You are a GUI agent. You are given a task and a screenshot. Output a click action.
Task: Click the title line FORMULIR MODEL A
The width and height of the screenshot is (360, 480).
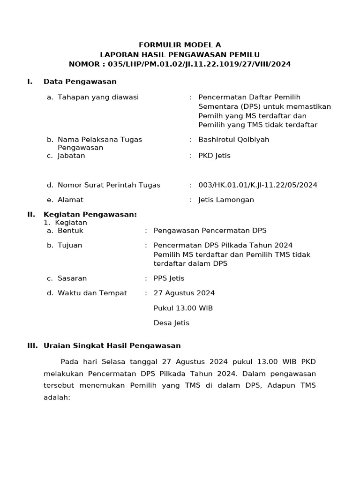180,45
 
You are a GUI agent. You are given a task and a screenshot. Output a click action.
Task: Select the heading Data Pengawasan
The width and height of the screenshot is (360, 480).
80,82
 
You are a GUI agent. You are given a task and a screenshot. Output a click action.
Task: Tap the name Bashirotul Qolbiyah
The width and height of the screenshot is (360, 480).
233,140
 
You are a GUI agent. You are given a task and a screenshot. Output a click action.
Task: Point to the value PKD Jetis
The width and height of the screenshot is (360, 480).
214,156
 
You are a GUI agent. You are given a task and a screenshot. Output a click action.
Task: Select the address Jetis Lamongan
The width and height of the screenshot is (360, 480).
226,200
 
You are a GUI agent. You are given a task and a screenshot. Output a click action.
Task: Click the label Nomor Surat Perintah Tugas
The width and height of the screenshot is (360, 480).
109,185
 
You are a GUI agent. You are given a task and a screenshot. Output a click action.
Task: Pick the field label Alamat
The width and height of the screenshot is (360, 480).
70,200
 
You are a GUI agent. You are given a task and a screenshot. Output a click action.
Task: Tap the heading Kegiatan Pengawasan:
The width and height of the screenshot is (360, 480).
90,215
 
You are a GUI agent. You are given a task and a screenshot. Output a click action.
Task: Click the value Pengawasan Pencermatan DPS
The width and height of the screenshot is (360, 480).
210,231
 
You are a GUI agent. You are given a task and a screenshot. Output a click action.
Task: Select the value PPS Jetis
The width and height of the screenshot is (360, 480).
169,278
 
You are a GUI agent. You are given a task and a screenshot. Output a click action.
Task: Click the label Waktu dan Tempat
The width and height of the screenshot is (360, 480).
92,293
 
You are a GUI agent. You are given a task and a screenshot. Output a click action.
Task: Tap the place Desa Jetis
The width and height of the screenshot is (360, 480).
172,323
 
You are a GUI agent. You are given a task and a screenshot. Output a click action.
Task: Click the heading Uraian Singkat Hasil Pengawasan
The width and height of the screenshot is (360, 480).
112,346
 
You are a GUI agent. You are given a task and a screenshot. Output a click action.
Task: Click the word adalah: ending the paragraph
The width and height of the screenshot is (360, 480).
57,397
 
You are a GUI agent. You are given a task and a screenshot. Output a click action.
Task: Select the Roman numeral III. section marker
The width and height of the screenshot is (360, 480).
32,346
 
